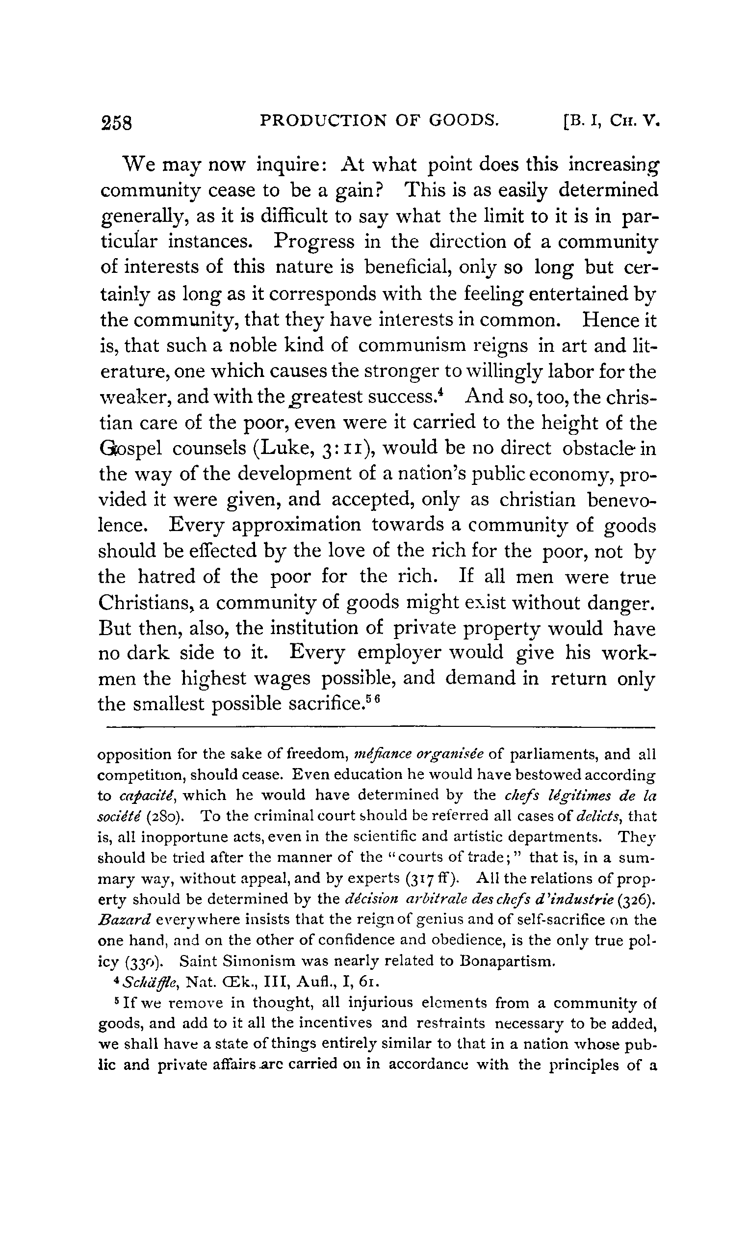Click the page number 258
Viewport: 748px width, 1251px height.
pos(116,123)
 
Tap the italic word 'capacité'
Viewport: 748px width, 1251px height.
pos(147,795)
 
